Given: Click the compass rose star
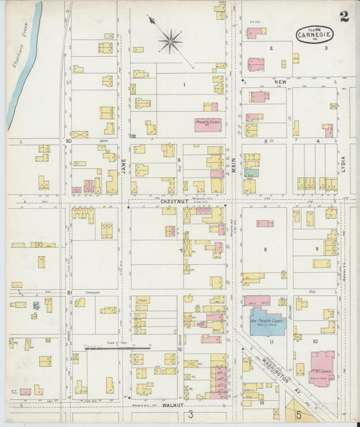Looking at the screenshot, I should point(170,41).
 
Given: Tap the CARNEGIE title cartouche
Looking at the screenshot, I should point(315,34).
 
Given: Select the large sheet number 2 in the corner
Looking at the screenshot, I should point(344,16).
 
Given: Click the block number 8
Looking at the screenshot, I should point(265,249).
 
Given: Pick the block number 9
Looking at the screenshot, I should point(315,249).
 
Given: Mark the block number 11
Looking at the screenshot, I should point(271,343).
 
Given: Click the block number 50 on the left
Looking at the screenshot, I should point(68,141).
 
